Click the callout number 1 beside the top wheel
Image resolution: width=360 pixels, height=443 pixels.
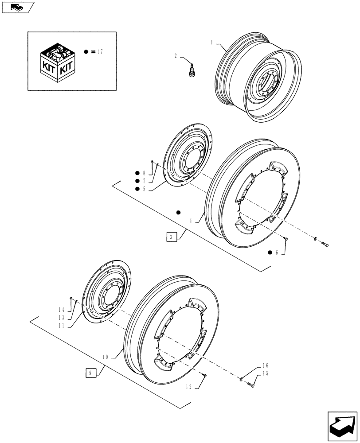coord(212,43)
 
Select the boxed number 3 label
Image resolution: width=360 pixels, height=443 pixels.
coord(172,236)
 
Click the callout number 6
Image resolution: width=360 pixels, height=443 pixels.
coord(277,253)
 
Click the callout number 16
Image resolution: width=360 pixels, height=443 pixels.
coord(266,365)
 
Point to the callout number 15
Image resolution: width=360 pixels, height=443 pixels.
coord(266,373)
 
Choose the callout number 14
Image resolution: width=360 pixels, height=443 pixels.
coord(61,309)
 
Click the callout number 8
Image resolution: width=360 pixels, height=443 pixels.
coord(144,173)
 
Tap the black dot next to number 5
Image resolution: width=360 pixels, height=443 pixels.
coord(137,189)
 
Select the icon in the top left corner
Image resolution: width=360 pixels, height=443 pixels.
coord(18,7)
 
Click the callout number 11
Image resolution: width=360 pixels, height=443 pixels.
coord(61,325)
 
